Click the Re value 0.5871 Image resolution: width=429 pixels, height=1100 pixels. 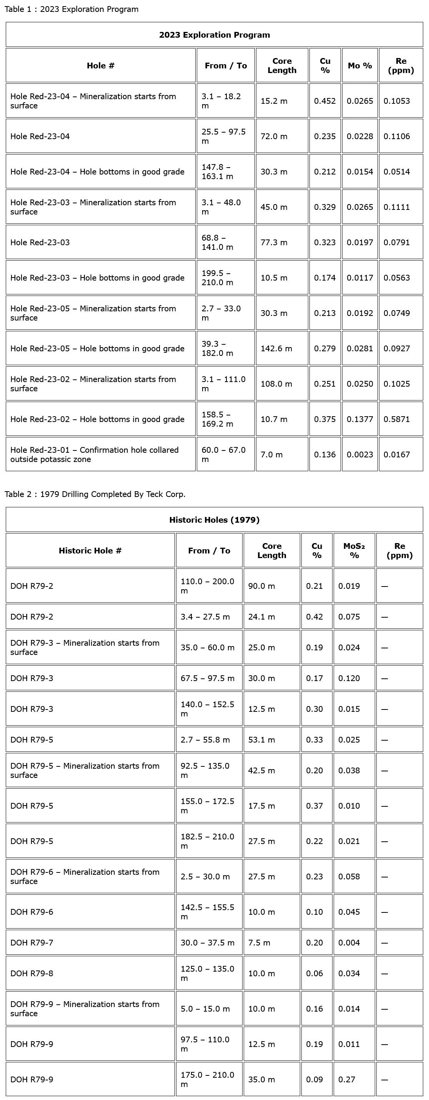397,419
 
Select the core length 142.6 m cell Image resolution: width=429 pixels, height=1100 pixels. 276,349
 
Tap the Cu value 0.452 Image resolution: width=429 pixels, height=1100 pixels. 325,101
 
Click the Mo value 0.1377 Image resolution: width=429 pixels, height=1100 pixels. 360,419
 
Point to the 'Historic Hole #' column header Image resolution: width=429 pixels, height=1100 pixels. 90,550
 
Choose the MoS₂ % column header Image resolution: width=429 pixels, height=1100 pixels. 354,550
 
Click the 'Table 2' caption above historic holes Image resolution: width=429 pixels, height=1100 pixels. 95,494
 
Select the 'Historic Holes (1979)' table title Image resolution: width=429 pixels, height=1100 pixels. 214,520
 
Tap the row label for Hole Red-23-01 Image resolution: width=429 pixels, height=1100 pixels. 95,454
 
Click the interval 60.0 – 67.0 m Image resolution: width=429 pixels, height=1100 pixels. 223,454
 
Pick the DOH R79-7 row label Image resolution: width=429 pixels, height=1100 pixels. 32,942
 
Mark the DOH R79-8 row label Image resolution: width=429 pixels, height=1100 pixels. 32,973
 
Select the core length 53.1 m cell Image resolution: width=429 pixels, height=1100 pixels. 261,739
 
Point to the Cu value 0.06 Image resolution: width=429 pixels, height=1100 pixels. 314,973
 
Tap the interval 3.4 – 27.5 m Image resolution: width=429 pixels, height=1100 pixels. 205,616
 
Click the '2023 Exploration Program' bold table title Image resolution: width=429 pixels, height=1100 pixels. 214,35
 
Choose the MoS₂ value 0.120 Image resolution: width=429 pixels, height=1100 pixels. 349,678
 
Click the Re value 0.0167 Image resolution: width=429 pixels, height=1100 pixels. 397,455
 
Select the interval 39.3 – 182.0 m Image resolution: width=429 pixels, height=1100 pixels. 218,349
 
